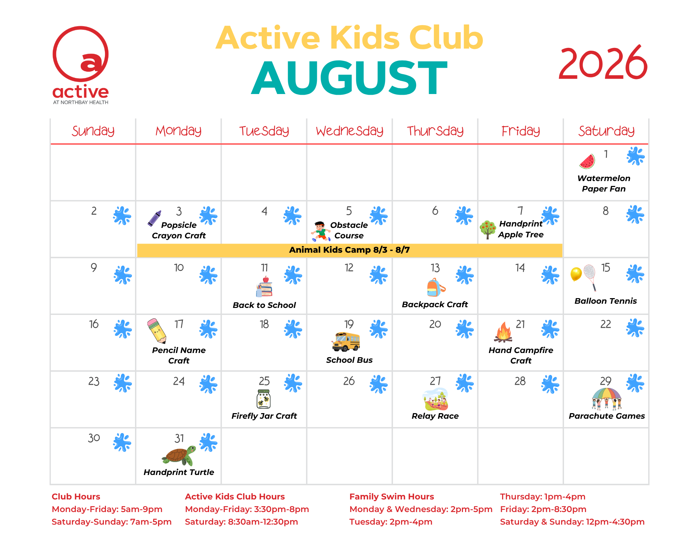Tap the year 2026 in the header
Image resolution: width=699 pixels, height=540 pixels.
click(603, 63)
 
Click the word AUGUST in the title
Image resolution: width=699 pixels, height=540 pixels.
click(349, 78)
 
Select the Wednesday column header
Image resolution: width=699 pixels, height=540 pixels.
click(350, 131)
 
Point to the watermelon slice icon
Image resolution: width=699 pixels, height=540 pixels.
click(587, 161)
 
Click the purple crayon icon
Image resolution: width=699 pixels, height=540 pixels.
click(154, 218)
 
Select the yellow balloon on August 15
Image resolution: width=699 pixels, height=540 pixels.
click(576, 274)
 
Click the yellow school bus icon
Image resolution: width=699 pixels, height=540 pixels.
click(346, 341)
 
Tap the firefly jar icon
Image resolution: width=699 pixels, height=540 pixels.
click(264, 399)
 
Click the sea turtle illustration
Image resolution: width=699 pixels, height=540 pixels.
click(179, 455)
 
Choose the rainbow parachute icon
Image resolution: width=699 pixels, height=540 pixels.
click(607, 398)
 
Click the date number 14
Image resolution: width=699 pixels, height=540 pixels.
click(520, 268)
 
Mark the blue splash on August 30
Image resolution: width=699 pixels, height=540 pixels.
click(122, 442)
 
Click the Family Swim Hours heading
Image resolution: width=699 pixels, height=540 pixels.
click(392, 497)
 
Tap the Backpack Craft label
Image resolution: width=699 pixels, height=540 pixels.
click(435, 304)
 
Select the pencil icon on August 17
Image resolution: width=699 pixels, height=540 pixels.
click(156, 331)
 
